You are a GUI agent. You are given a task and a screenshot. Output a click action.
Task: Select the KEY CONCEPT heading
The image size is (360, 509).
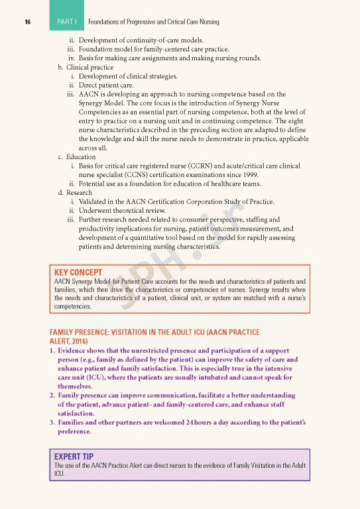pos(78,272)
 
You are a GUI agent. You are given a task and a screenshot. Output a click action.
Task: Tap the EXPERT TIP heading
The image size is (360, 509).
pos(74,457)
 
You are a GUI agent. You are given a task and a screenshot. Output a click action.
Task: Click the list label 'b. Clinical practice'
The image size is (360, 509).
pos(86,67)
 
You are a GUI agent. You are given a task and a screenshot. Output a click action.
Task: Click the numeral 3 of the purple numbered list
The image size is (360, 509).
pos(52,422)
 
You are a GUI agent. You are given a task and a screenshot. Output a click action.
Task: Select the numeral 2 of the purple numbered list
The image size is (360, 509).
pos(52,395)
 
